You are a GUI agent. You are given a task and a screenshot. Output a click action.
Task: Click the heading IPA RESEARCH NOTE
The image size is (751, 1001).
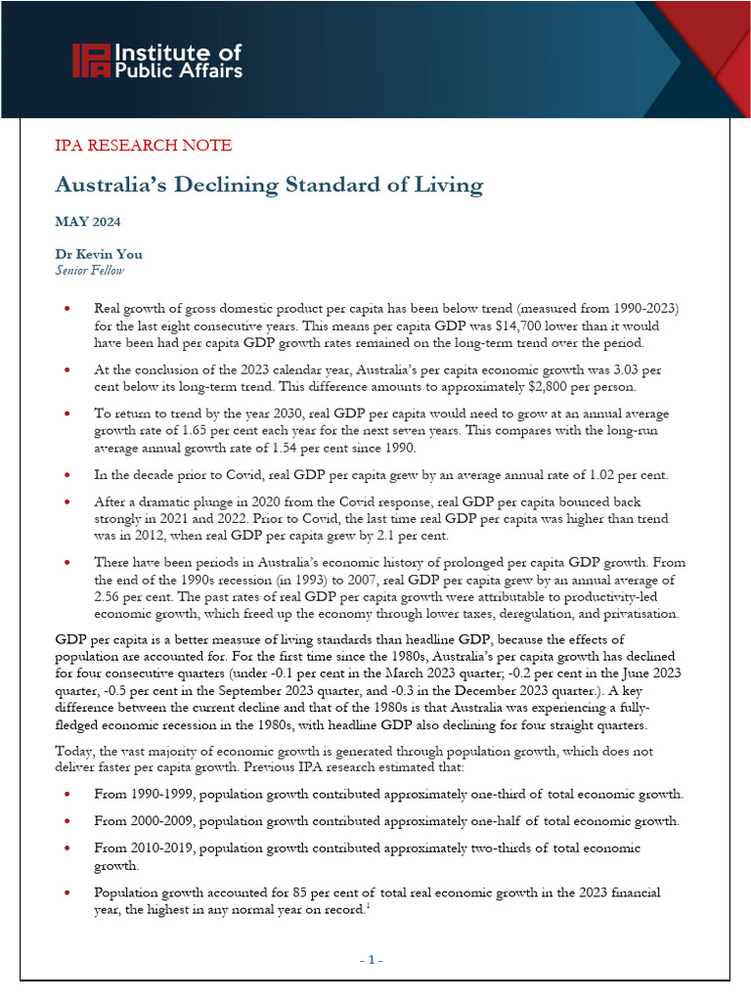point(143,146)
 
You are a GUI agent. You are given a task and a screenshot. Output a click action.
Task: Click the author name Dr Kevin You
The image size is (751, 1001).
point(99,255)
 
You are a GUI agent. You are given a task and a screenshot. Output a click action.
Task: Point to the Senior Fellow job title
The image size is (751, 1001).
point(90,271)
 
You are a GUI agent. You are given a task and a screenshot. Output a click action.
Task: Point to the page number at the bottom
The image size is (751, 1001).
point(371,960)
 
